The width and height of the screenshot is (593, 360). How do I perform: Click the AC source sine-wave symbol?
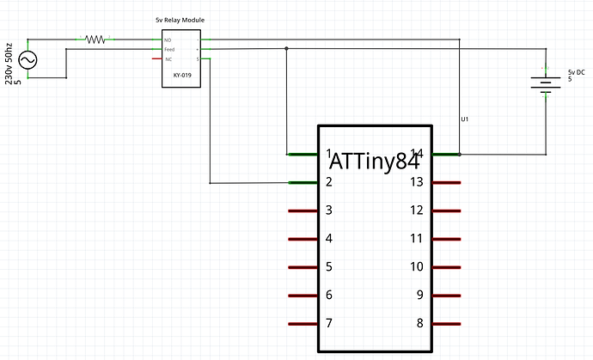pyautogui.click(x=28, y=59)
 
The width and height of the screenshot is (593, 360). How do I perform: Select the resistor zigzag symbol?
pyautogui.click(x=95, y=39)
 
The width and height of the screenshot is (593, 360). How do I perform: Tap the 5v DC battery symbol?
pyautogui.click(x=544, y=84)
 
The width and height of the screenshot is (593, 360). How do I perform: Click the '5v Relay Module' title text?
pyautogui.click(x=179, y=19)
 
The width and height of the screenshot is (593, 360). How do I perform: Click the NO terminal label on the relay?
pyautogui.click(x=168, y=40)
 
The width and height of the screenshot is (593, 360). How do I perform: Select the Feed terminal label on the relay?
pyautogui.click(x=169, y=50)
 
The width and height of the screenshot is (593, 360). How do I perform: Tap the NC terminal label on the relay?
pyautogui.click(x=168, y=59)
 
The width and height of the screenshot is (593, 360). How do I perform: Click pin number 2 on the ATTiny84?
pyautogui.click(x=329, y=182)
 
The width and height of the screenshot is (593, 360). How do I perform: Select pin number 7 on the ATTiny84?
pyautogui.click(x=329, y=324)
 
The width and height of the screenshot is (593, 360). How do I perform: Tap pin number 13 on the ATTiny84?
pyautogui.click(x=417, y=182)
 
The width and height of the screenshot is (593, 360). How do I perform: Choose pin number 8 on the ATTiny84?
pyautogui.click(x=420, y=324)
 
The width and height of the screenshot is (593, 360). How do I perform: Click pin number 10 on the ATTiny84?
pyautogui.click(x=417, y=267)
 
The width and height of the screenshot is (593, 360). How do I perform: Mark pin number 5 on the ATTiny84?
pyautogui.click(x=329, y=267)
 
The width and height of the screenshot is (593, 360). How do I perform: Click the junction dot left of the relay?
pyautogui.click(x=286, y=49)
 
